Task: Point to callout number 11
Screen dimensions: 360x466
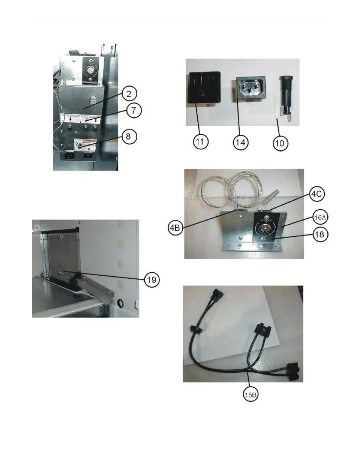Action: pyautogui.click(x=201, y=142)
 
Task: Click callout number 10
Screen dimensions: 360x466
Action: pyautogui.click(x=280, y=144)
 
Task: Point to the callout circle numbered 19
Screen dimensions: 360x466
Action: pyautogui.click(x=151, y=279)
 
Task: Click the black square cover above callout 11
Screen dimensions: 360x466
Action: pyautogui.click(x=204, y=87)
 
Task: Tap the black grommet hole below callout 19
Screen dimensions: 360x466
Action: pyautogui.click(x=120, y=303)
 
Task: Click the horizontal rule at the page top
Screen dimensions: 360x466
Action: pyautogui.click(x=180, y=22)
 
